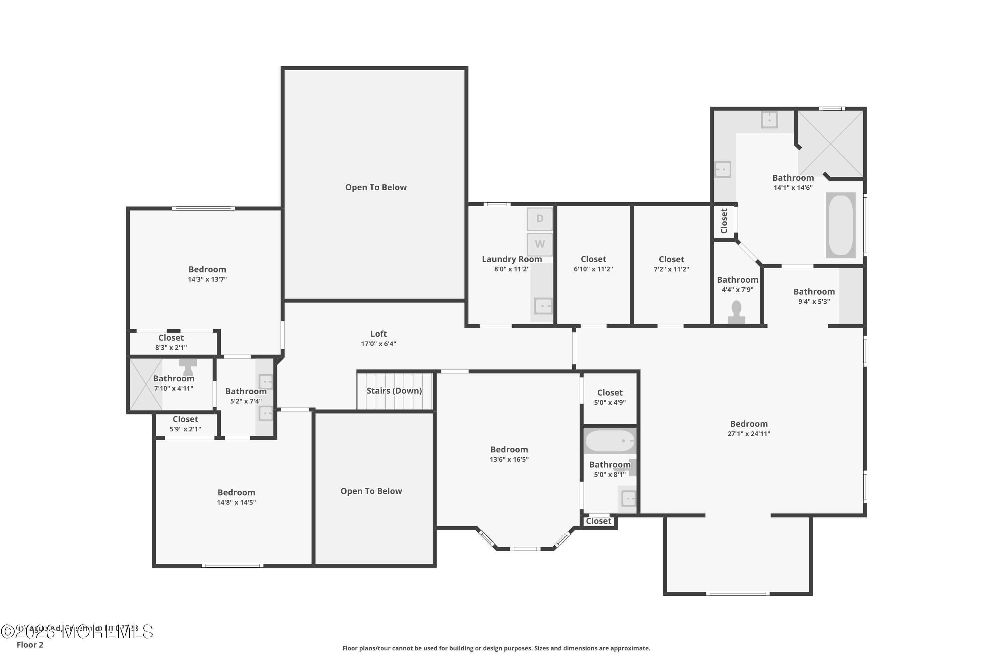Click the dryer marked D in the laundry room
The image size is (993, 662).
coord(540,219)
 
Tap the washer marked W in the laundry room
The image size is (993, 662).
coord(540,244)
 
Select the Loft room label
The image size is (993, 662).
coord(378,334)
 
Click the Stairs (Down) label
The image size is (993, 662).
coord(394,391)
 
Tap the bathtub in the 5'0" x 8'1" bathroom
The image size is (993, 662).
coord(610,441)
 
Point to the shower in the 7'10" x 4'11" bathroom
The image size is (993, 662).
coord(146,384)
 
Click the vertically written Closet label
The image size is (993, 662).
coord(724,221)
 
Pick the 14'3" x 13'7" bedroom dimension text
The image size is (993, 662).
coord(207,279)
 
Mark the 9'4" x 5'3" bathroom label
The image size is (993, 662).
coord(814,291)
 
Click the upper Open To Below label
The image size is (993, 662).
coord(376,187)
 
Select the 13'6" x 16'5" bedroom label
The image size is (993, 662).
coord(509,449)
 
